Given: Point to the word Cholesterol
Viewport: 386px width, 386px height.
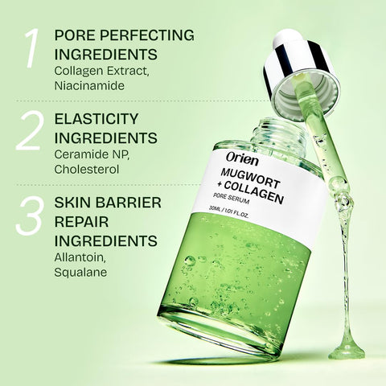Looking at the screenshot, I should click(88, 170).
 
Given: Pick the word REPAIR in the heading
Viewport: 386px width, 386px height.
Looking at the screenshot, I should click(79, 220).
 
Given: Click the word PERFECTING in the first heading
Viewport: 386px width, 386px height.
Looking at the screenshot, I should click(142, 36).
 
